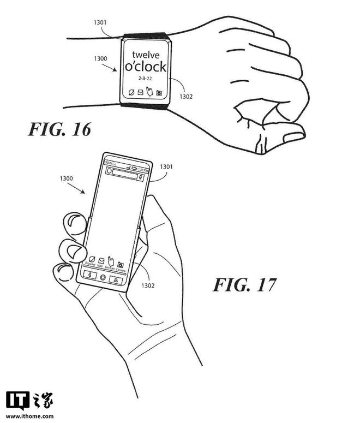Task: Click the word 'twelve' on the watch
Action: pyautogui.click(x=145, y=55)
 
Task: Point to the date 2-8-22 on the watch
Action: pyautogui.click(x=145, y=81)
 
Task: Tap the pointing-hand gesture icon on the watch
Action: pyautogui.click(x=149, y=91)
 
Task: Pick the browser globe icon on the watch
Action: pyautogui.click(x=131, y=92)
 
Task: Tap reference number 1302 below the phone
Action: pyautogui.click(x=148, y=285)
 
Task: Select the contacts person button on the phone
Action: pyautogui.click(x=116, y=279)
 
